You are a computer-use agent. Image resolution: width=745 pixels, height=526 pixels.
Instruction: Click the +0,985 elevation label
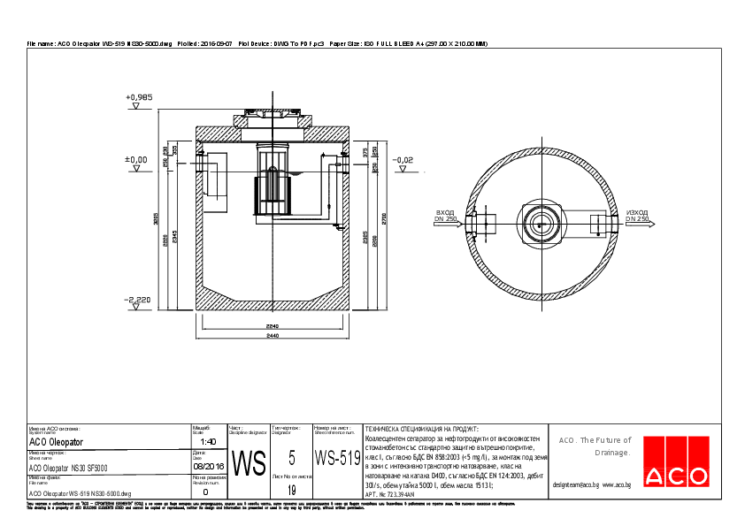point(139,96)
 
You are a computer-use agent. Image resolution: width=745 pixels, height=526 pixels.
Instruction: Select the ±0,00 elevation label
point(136,160)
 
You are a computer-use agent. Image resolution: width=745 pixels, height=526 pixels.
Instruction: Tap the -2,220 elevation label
point(138,300)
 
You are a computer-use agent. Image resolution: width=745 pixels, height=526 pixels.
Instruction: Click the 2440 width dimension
point(272,336)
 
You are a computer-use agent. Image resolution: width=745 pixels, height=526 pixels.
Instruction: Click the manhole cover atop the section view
point(272,113)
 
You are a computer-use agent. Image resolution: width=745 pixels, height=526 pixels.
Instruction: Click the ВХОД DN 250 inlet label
point(445,216)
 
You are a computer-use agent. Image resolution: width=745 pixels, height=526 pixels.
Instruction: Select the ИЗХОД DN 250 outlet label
point(637,216)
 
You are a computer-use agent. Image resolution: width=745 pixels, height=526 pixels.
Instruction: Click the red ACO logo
point(676,476)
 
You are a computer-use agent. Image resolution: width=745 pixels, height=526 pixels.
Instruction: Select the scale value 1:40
point(208,441)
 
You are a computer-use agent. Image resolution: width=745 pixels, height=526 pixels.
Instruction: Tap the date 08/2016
point(208,464)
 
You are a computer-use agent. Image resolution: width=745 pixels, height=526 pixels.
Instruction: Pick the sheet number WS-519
point(337,459)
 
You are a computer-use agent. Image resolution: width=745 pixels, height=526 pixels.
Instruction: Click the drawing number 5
point(291,457)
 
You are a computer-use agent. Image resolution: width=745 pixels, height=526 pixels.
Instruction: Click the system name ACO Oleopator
point(56,441)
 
